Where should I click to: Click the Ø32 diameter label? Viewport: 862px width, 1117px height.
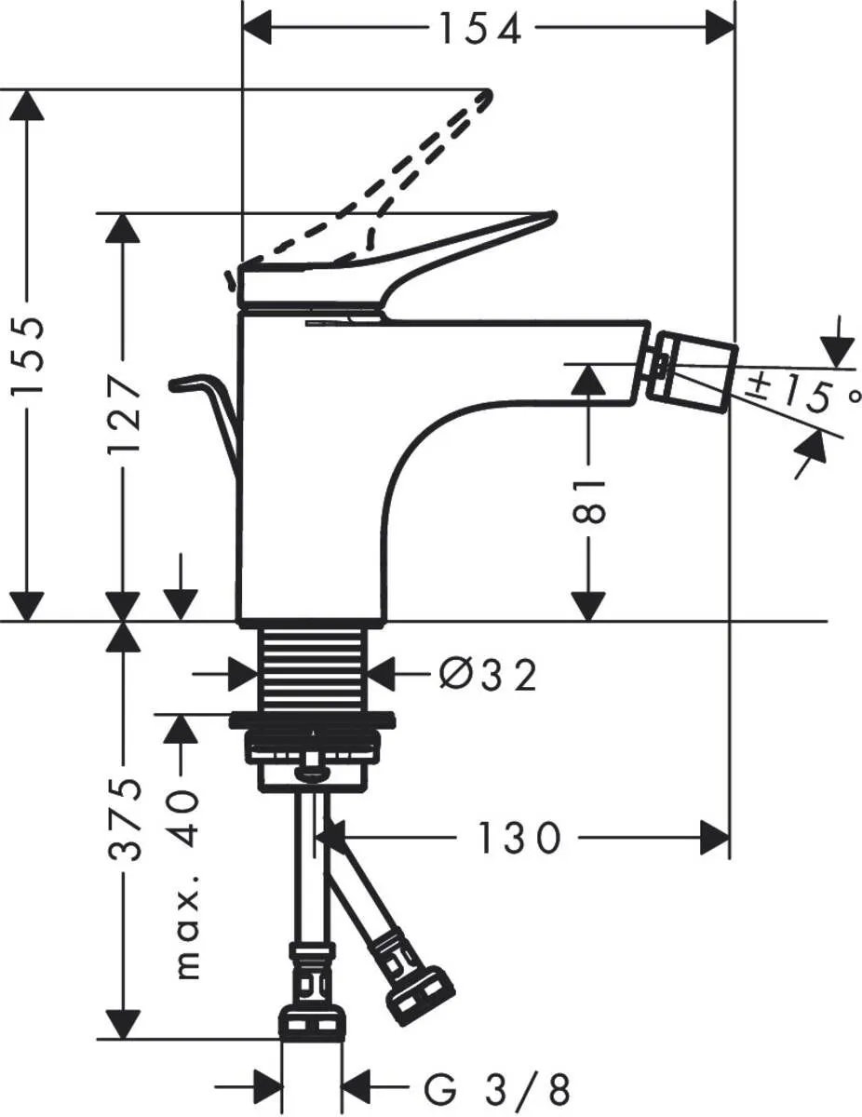point(487,675)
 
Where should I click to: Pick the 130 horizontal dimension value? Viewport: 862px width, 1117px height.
point(520,839)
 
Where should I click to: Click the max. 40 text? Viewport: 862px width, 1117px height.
point(187,884)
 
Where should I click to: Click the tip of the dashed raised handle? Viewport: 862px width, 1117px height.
point(484,96)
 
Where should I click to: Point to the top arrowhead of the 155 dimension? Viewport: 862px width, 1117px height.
point(29,105)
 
